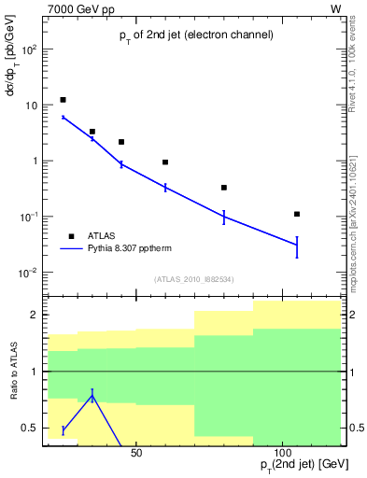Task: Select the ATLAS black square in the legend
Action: click(72, 236)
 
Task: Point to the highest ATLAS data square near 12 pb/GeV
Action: click(63, 100)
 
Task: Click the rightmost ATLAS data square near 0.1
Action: click(297, 214)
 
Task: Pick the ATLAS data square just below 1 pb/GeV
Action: click(165, 162)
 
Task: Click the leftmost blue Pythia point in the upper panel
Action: click(63, 118)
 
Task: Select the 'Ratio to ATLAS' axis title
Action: click(14, 372)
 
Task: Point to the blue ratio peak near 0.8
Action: click(92, 395)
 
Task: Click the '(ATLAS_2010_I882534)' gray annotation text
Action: click(193, 279)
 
